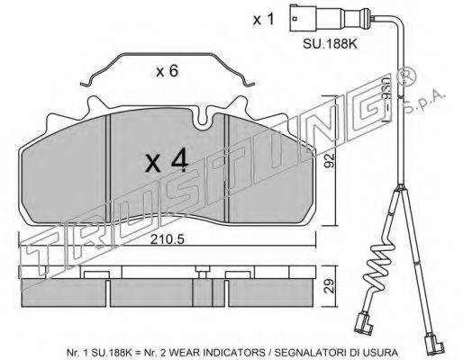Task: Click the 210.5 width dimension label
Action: click(x=167, y=239)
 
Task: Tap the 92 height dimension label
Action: click(x=330, y=161)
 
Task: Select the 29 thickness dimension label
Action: click(x=330, y=286)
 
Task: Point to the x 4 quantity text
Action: click(x=167, y=162)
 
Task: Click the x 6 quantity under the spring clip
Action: click(x=168, y=71)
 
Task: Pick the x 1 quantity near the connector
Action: click(x=263, y=20)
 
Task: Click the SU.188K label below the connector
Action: click(x=330, y=44)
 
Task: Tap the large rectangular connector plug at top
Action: click(x=303, y=18)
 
